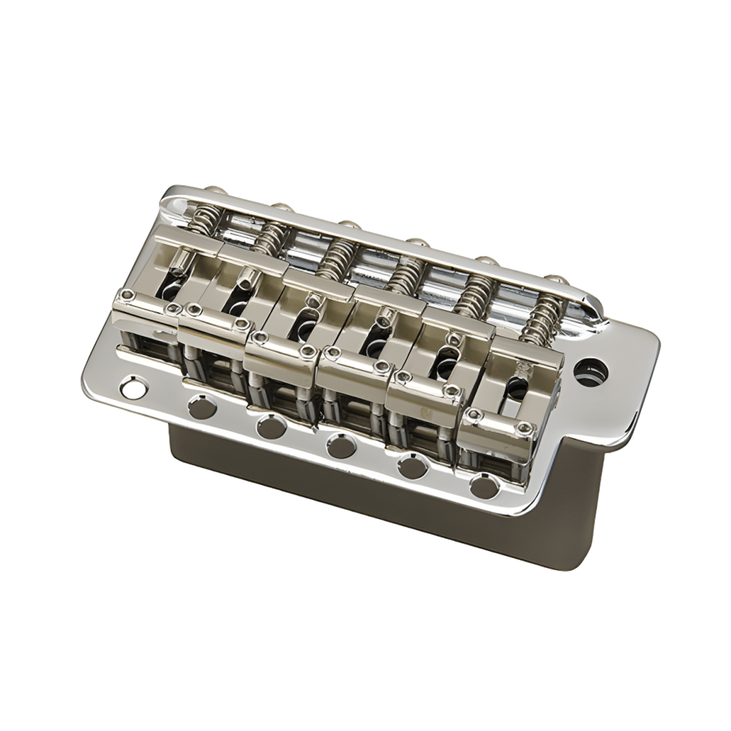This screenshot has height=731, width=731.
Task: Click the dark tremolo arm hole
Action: tap(590, 367)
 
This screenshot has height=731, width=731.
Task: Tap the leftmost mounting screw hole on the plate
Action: tap(130, 386)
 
